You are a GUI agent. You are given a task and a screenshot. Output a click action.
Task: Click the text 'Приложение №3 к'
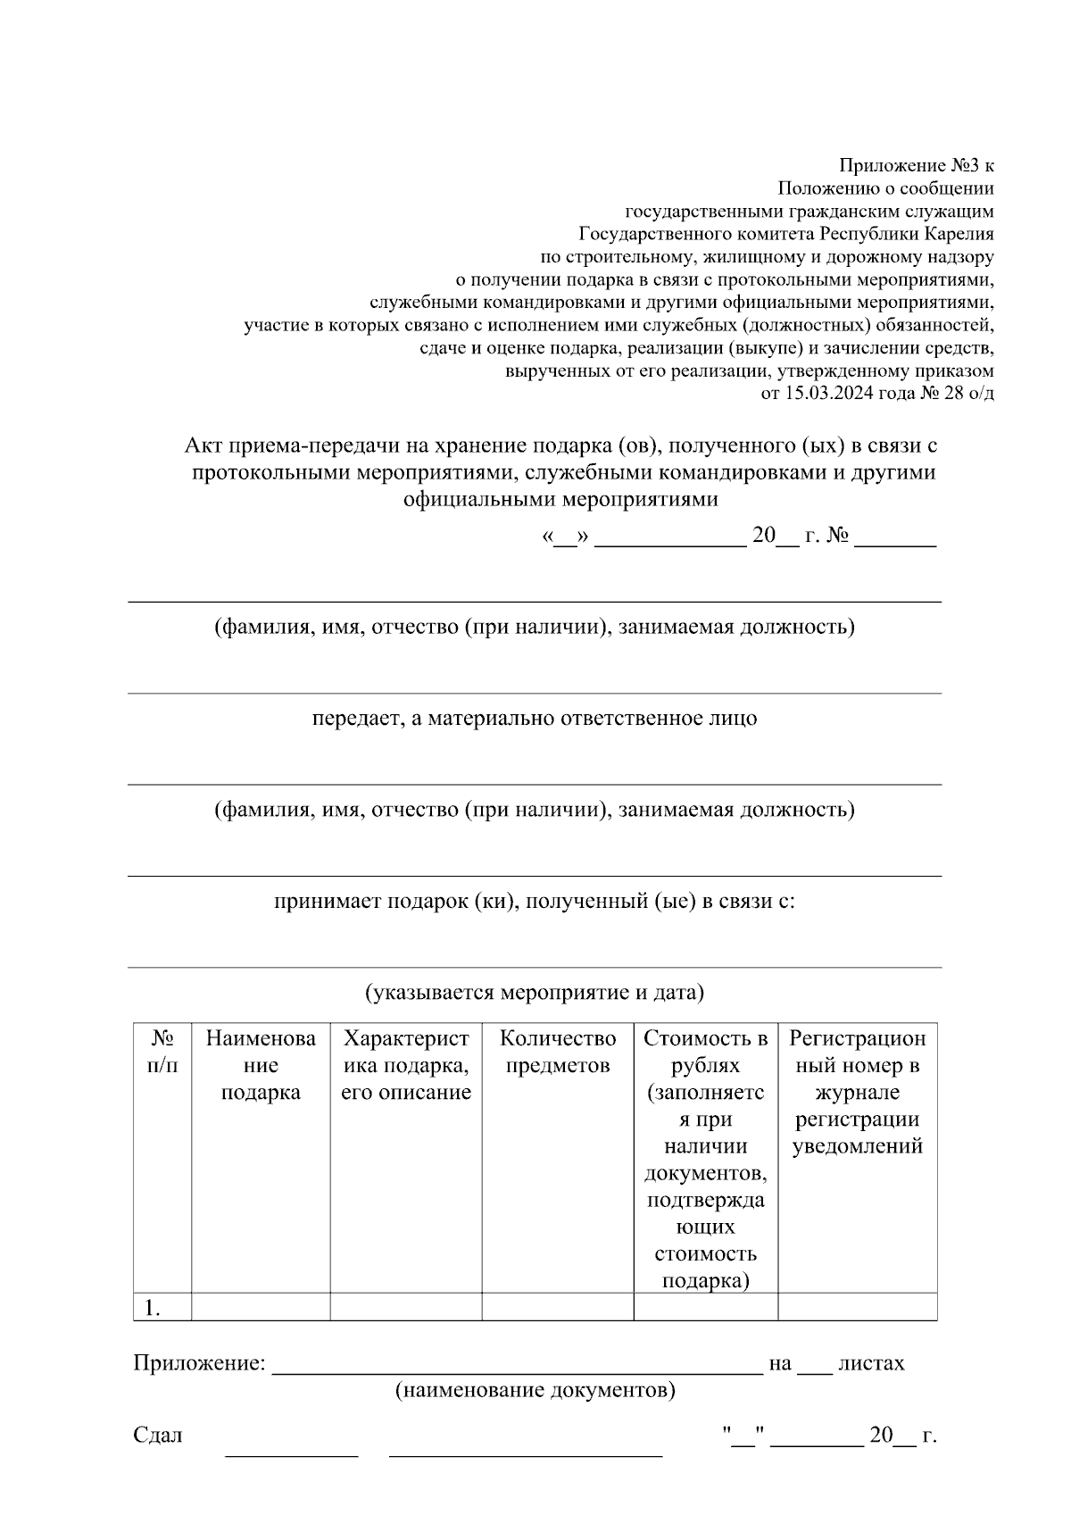pos(916,165)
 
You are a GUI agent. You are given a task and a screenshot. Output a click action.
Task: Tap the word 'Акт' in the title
pos(203,445)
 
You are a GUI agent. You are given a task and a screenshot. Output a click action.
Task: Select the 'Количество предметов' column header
pos(558,1052)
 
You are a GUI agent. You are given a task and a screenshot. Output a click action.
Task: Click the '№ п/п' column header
pos(162,1052)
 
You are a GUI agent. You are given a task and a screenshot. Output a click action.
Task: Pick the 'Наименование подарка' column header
pos(261,1065)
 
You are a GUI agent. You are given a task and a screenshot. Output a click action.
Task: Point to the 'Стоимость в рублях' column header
pos(705,1052)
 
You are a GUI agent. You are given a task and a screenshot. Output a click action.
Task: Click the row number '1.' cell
pos(153,1308)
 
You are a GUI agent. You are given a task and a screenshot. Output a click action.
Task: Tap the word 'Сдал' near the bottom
pos(157,1435)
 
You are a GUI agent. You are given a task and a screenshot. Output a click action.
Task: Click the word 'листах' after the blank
pos(871,1363)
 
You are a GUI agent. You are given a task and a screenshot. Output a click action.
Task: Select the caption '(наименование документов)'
pos(535,1390)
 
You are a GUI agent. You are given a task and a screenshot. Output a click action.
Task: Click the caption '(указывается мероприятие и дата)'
pos(535,992)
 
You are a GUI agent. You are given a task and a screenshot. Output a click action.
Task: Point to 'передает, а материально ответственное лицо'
pos(535,718)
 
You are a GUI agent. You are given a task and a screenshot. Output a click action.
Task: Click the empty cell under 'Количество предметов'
pos(558,1307)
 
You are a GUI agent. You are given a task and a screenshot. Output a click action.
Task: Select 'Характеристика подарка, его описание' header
pos(406,1065)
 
